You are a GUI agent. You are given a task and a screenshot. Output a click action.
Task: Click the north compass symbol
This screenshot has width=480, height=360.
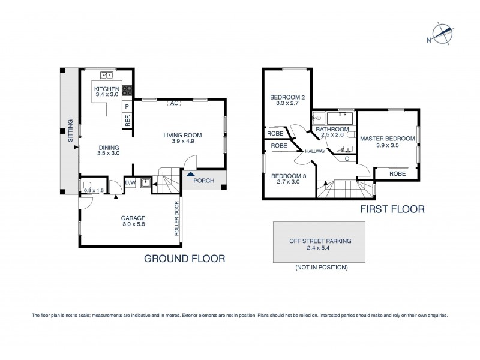442,34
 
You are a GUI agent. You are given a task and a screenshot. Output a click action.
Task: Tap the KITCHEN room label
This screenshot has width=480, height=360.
107,88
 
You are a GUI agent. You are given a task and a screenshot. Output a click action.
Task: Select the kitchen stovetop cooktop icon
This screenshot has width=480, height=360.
127,91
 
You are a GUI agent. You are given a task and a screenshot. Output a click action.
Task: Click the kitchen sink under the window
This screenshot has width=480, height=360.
107,75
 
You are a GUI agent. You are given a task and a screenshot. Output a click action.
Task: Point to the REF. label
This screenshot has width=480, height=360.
127,120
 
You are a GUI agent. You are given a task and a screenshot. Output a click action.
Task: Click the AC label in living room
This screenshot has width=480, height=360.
173,103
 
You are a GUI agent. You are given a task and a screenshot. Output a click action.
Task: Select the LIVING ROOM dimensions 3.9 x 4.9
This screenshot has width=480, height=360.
182,142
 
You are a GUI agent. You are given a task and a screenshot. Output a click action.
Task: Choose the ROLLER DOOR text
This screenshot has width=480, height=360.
177,218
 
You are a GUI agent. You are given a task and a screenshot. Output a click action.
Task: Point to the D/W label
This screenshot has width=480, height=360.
130,183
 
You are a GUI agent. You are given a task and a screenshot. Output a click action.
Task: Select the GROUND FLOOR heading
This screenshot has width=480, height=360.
184,259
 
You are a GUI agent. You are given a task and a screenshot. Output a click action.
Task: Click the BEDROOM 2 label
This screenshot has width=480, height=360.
287,97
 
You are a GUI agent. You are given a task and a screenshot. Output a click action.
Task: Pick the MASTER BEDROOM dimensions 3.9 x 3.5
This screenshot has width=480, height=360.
387,145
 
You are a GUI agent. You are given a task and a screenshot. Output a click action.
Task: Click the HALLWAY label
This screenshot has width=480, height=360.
315,151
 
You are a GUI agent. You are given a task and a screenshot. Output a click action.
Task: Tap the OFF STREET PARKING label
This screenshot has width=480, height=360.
320,241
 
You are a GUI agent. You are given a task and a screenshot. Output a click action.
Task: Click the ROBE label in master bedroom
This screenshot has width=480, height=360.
397,173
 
